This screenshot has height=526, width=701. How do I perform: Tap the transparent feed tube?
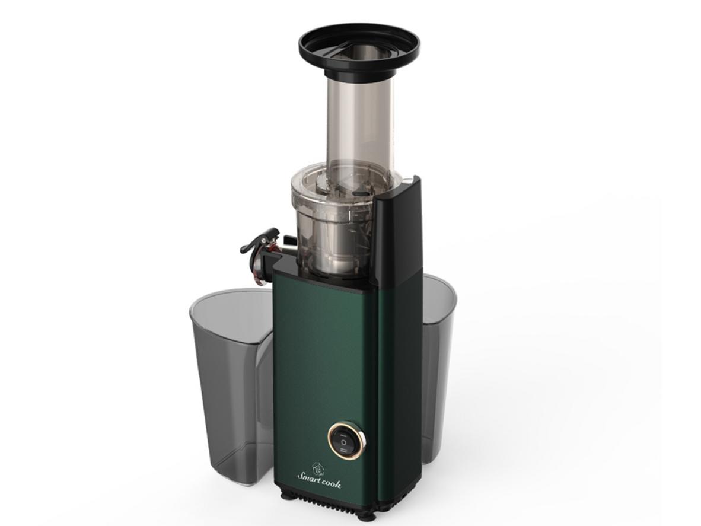(361, 125)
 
